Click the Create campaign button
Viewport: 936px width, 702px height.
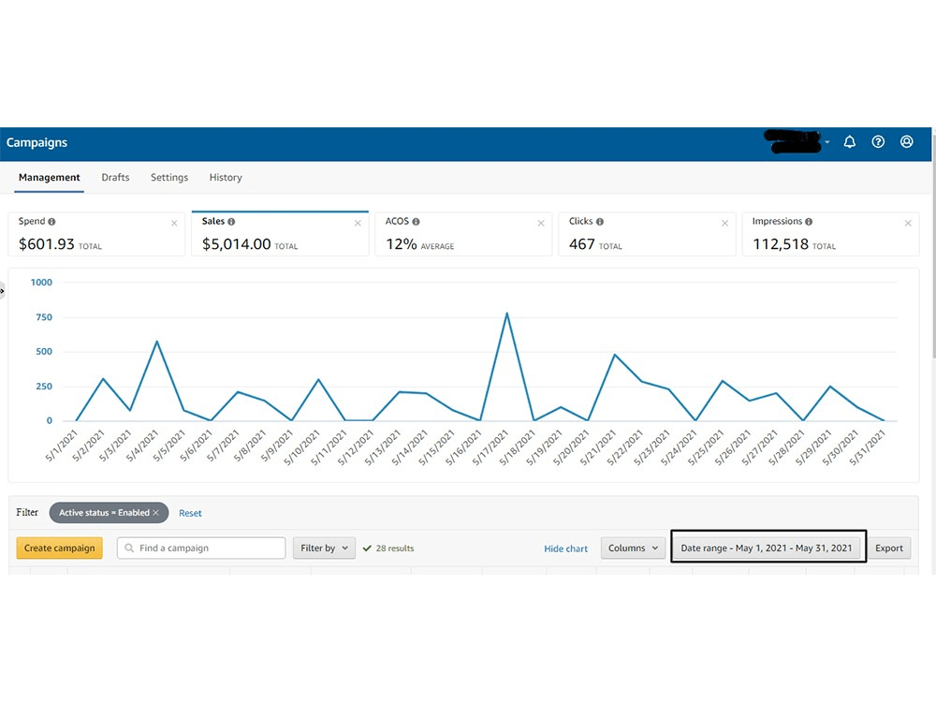pyautogui.click(x=59, y=548)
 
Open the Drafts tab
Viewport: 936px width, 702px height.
pyautogui.click(x=115, y=177)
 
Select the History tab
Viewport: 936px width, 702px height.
pyautogui.click(x=226, y=177)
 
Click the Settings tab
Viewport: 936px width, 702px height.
pyautogui.click(x=169, y=177)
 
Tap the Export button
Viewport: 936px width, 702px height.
pyautogui.click(x=889, y=548)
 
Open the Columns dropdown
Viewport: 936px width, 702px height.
pyautogui.click(x=633, y=548)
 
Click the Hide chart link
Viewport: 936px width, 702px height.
pyautogui.click(x=565, y=548)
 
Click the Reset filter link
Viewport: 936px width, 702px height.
pyautogui.click(x=190, y=513)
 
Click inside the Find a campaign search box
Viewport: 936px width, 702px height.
pyautogui.click(x=201, y=548)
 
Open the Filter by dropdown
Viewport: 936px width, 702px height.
pyautogui.click(x=324, y=548)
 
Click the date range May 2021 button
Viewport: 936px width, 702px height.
pyautogui.click(x=767, y=548)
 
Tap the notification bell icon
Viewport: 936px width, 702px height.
pyautogui.click(x=850, y=142)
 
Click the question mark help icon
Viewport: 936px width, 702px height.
pyautogui.click(x=878, y=142)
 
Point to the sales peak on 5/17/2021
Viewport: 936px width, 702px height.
pyautogui.click(x=506, y=313)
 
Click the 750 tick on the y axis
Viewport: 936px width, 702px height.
pyautogui.click(x=44, y=317)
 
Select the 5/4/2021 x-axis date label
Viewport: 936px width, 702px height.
pyautogui.click(x=142, y=446)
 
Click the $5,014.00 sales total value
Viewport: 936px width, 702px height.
pyautogui.click(x=237, y=244)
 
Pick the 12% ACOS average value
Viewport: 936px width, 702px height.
pyautogui.click(x=402, y=244)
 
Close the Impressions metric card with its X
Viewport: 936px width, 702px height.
pyautogui.click(x=908, y=224)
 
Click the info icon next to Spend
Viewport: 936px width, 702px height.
pyautogui.click(x=51, y=222)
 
